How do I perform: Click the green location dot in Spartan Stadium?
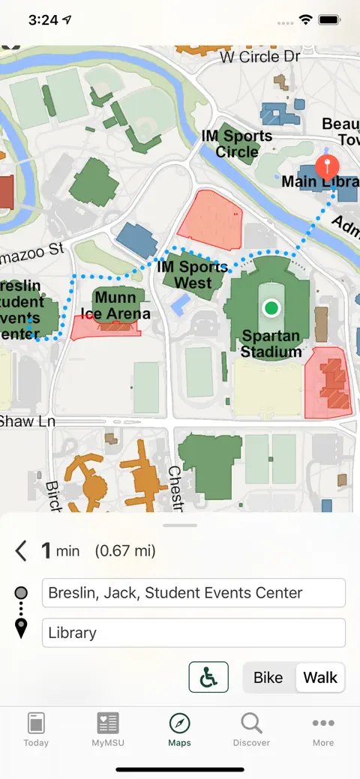[271, 307]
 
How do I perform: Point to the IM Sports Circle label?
[237, 144]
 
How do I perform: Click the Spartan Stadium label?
[271, 343]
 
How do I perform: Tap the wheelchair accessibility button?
[208, 678]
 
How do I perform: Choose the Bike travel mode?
[268, 678]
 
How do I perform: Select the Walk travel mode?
[320, 678]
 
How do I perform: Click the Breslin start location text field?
[193, 593]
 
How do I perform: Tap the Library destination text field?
[193, 633]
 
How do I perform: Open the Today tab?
[36, 730]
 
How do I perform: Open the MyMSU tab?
[108, 730]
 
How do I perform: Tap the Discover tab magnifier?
[251, 724]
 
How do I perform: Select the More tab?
[323, 730]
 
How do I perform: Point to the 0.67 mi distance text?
[125, 551]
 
